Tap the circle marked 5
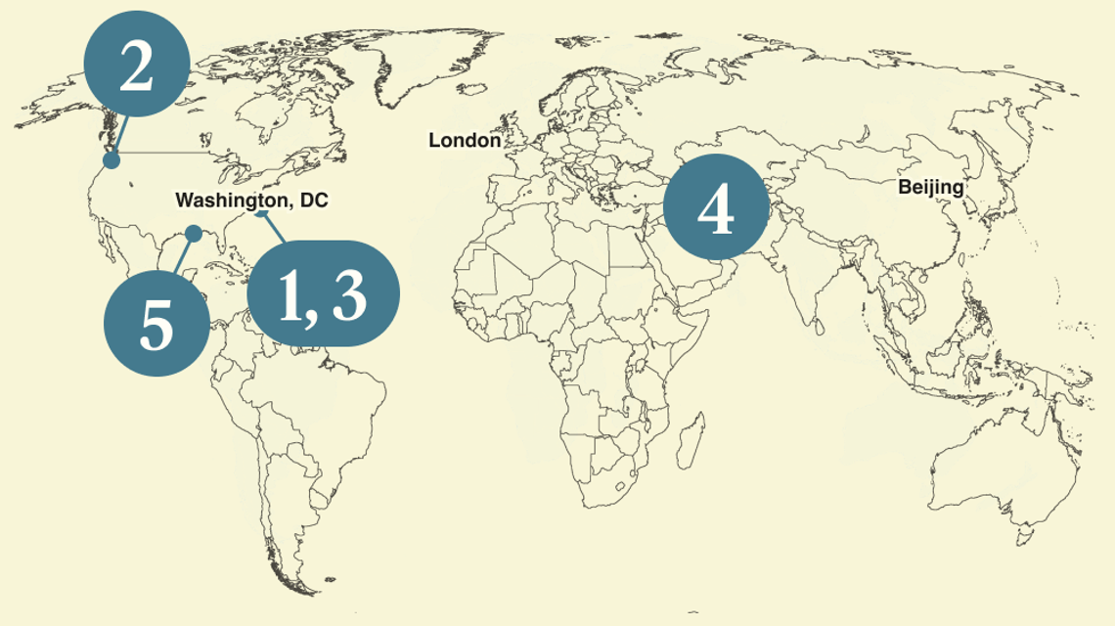point(156,324)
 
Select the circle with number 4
point(715,208)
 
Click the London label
point(465,141)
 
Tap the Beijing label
point(930,187)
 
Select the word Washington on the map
point(223,201)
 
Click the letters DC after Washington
point(314,201)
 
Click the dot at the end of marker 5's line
point(194,233)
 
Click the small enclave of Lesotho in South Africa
point(617,486)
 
